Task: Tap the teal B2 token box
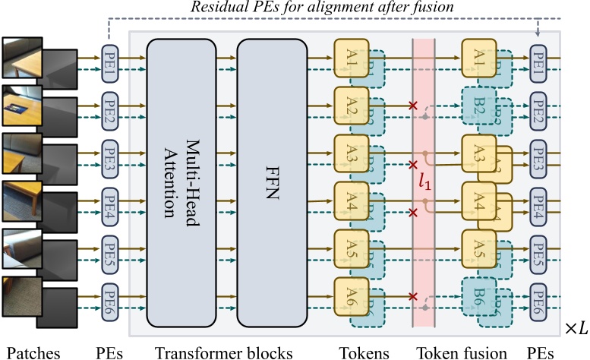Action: pos(478,106)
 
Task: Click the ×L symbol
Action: pos(576,327)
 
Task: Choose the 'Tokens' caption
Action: pos(363,352)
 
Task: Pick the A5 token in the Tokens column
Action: pos(350,248)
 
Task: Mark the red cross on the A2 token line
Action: pos(413,106)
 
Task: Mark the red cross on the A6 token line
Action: pos(413,296)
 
